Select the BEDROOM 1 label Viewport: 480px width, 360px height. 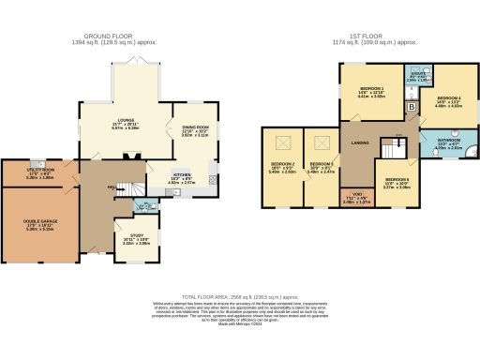[373, 92]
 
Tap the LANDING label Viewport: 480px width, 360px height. [360, 142]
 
